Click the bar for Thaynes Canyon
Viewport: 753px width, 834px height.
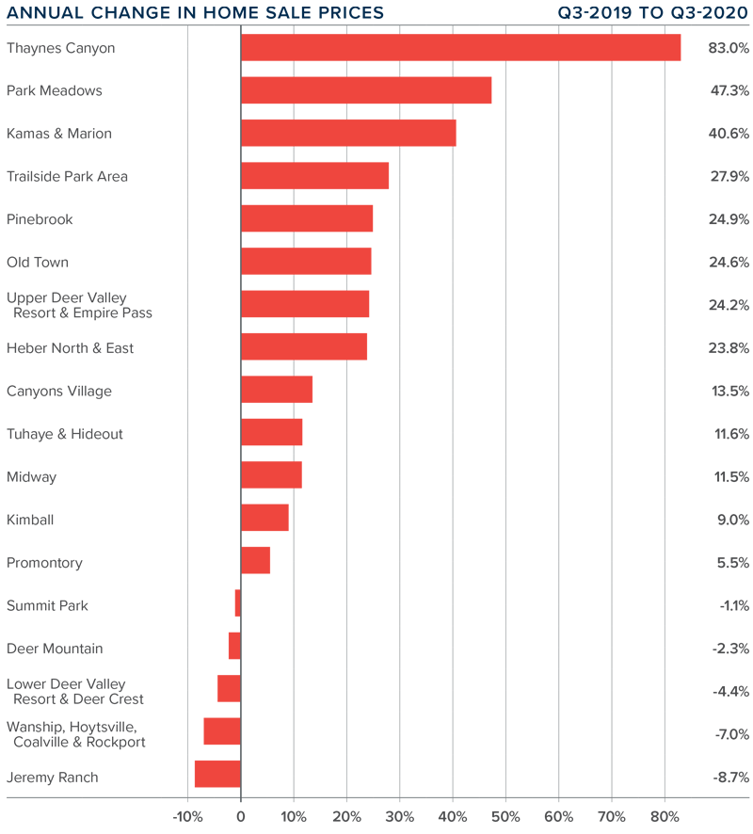pyautogui.click(x=460, y=48)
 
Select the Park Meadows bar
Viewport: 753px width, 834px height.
pyautogui.click(x=366, y=90)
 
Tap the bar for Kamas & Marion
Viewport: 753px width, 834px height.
pyautogui.click(x=348, y=134)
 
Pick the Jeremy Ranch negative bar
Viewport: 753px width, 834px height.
pyautogui.click(x=217, y=774)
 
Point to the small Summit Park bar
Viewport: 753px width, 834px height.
pyautogui.click(x=238, y=603)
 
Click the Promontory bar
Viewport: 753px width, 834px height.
pyautogui.click(x=255, y=561)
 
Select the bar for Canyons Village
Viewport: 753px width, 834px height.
pyautogui.click(x=277, y=390)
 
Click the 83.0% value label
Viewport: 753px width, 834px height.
pyautogui.click(x=728, y=48)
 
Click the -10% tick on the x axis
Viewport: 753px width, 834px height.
pyautogui.click(x=187, y=815)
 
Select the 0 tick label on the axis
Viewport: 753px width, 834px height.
pyautogui.click(x=241, y=815)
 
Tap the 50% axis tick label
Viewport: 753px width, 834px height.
pyautogui.click(x=505, y=815)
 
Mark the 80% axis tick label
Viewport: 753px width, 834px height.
pyautogui.click(x=665, y=815)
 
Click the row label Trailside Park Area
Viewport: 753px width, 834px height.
pyautogui.click(x=67, y=177)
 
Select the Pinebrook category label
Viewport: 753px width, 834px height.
pyautogui.click(x=40, y=219)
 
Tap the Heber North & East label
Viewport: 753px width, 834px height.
pyautogui.click(x=70, y=348)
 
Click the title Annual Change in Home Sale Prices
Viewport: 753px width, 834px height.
pyautogui.click(x=195, y=13)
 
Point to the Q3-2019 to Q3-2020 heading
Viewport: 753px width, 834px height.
pyautogui.click(x=653, y=13)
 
